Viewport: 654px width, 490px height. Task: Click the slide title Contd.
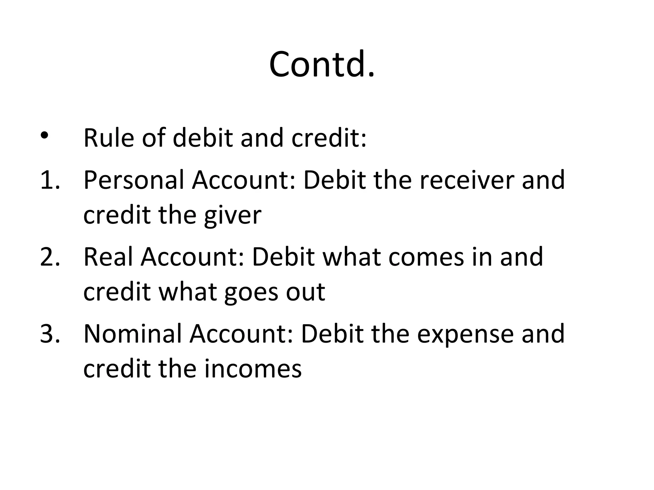(x=322, y=64)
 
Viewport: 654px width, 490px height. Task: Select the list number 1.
(x=49, y=180)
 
